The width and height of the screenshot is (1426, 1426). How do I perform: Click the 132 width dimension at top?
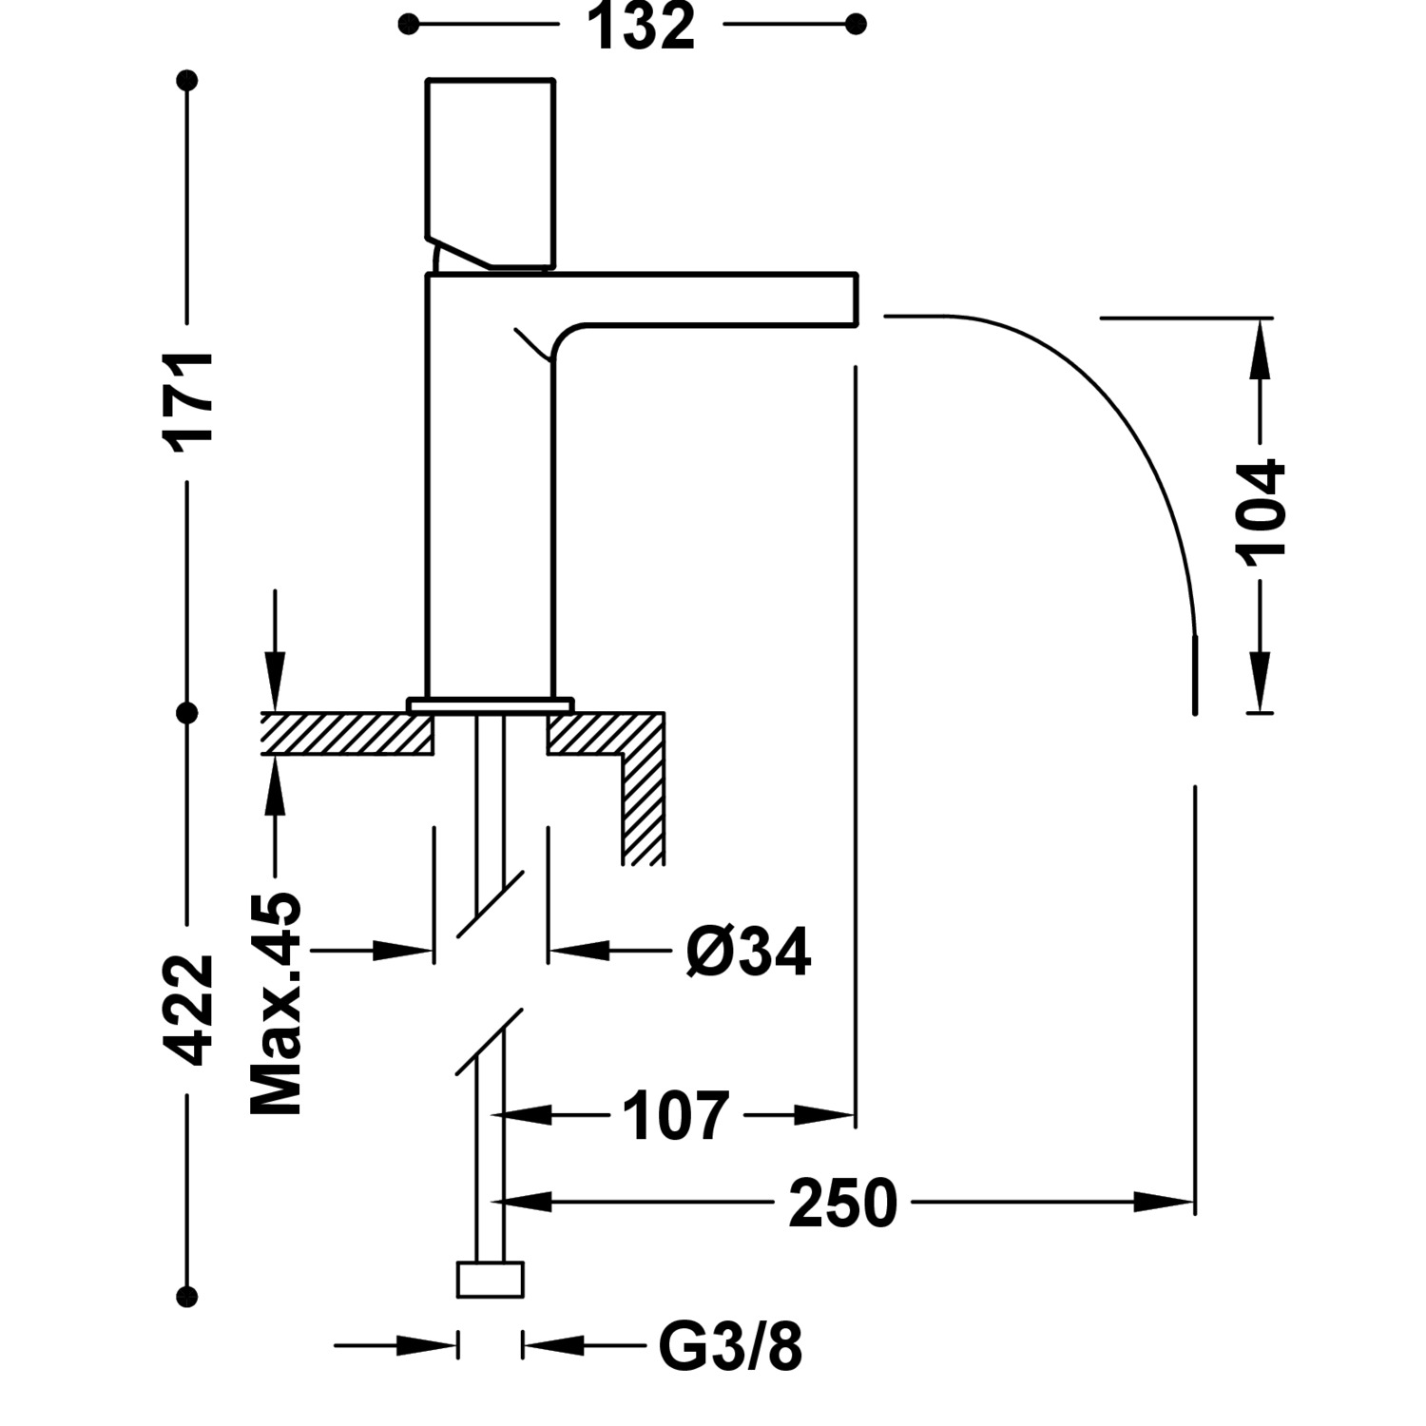point(642,27)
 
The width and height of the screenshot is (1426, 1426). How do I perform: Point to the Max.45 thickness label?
point(276,1003)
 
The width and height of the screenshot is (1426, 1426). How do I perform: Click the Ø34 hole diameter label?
point(748,952)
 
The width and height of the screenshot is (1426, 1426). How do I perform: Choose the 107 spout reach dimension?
point(675,1115)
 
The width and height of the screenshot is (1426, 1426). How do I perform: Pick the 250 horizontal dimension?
point(842,1203)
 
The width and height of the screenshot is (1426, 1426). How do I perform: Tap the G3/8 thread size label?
point(730,1346)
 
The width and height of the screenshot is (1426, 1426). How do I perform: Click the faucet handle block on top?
point(490,171)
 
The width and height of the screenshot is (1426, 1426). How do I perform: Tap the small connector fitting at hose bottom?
point(491,1280)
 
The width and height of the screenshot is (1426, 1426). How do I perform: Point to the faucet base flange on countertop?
point(491,704)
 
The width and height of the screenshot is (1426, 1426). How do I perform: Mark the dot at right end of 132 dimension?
point(856,24)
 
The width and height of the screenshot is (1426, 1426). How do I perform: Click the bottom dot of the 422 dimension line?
point(188,1295)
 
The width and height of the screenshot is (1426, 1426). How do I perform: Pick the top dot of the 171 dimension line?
point(188,81)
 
